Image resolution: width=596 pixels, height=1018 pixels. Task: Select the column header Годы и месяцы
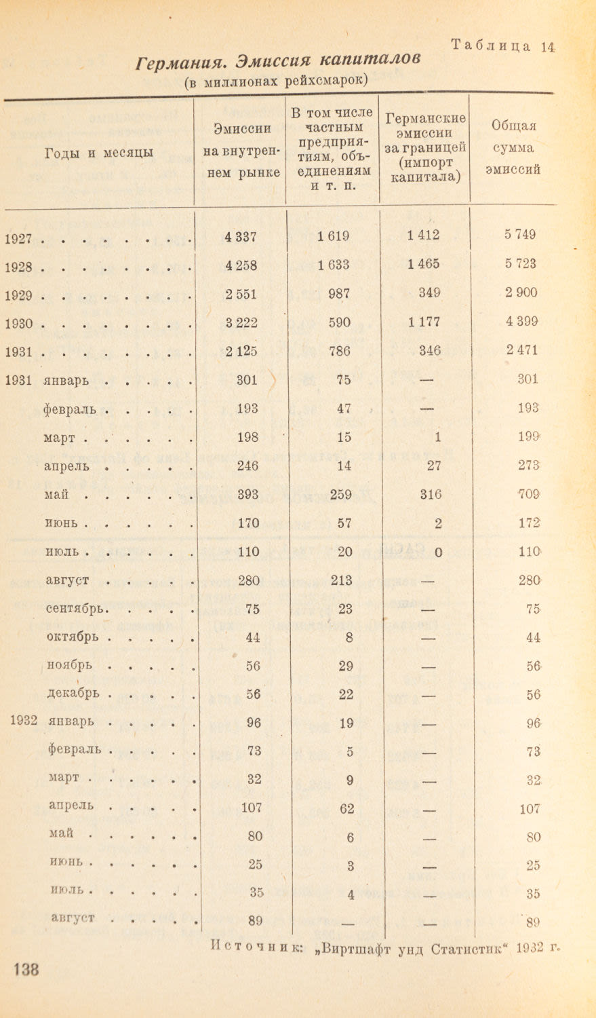click(99, 153)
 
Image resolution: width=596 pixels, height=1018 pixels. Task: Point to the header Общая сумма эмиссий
click(513, 147)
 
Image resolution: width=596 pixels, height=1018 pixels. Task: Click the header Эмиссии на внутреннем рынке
click(241, 150)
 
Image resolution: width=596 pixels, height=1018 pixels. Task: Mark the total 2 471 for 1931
click(520, 351)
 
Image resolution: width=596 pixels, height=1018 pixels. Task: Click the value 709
click(526, 495)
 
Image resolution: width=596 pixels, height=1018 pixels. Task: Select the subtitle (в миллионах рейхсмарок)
click(276, 81)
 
